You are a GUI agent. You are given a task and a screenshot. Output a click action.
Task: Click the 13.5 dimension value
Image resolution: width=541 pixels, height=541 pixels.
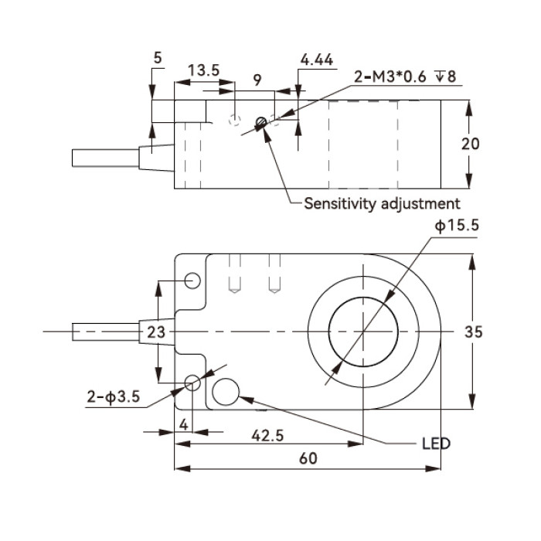(x=203, y=70)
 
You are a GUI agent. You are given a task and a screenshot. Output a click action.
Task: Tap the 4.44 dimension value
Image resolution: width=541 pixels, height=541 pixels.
(x=317, y=60)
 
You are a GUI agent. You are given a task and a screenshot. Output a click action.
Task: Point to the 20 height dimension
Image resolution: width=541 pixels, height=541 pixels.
(x=470, y=144)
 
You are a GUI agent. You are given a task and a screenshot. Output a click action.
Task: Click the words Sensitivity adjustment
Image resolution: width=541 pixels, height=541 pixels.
(x=382, y=203)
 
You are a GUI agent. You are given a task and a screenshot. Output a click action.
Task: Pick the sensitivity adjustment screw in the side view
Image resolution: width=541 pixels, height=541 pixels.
(x=261, y=122)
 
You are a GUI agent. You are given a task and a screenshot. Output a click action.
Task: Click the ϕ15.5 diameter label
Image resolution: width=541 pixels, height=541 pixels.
(x=457, y=226)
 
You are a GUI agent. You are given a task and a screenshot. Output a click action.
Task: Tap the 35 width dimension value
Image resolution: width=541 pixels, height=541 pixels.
(x=473, y=332)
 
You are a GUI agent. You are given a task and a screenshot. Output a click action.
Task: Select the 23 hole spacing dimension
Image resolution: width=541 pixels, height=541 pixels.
(x=156, y=332)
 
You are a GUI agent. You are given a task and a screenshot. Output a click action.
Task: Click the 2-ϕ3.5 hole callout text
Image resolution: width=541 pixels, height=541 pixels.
(x=113, y=396)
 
